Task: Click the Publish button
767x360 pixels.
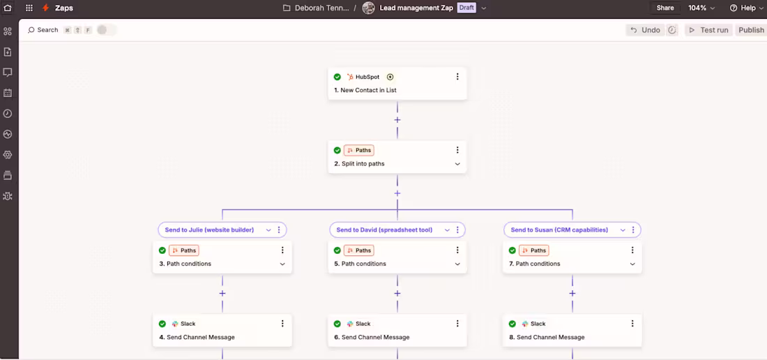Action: (751, 30)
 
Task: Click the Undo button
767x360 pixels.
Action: (645, 30)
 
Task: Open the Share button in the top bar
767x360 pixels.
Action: (665, 8)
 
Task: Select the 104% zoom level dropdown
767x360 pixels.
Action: (701, 8)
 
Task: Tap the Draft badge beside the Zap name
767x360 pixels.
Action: (466, 8)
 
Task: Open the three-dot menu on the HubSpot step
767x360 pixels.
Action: (457, 77)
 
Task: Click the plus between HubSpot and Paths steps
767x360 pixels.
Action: (397, 120)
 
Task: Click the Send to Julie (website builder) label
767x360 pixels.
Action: (209, 230)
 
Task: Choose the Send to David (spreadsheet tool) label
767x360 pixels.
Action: (384, 230)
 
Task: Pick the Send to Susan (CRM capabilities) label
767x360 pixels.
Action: (559, 230)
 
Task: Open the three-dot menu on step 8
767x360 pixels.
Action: (632, 323)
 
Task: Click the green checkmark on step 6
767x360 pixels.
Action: (337, 324)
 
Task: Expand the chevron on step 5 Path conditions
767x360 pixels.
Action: (457, 264)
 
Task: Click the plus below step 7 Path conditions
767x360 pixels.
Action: (572, 294)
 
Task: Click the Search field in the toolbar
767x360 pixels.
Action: (43, 30)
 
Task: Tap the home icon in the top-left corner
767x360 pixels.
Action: (8, 8)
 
